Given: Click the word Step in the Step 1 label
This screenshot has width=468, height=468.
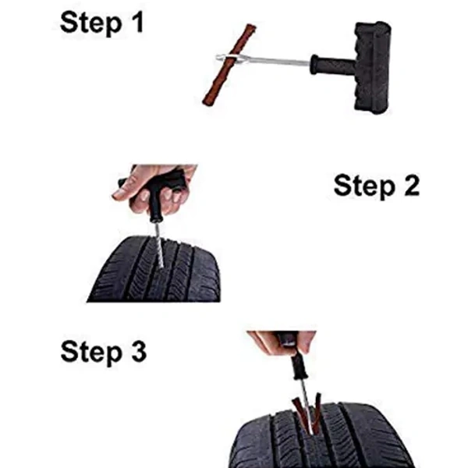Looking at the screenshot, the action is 91,23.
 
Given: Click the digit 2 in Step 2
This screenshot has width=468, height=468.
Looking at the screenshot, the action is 411,185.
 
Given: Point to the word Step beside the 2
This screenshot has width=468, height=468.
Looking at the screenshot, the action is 365,186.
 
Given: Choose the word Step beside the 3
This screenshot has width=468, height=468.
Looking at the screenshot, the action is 91,353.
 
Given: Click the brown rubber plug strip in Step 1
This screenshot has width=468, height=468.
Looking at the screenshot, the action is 229,65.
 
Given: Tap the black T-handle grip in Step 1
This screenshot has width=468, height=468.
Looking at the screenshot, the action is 373,67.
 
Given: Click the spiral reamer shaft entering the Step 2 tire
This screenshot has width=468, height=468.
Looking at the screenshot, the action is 159,246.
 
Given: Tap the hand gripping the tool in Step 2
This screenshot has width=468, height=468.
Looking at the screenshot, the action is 154,188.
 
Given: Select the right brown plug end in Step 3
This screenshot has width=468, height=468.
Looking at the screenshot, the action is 317,409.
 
